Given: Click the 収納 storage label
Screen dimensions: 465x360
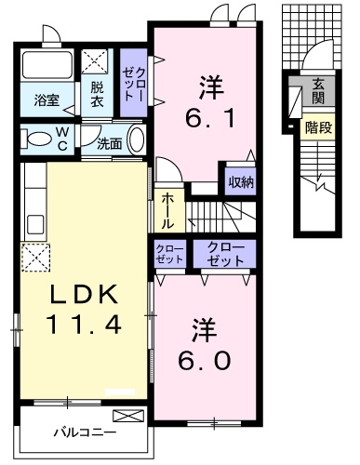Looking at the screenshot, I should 241,180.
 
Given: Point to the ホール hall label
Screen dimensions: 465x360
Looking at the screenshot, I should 167,211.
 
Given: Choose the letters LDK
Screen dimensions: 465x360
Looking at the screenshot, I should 84,296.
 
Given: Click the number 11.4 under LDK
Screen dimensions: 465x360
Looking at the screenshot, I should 84,325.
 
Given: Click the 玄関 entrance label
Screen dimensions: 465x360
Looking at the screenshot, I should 318,91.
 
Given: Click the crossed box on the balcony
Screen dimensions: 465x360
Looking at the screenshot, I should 126,416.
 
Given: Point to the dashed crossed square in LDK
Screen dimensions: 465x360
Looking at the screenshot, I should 33,256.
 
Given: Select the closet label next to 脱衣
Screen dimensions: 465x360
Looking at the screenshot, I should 134,85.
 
